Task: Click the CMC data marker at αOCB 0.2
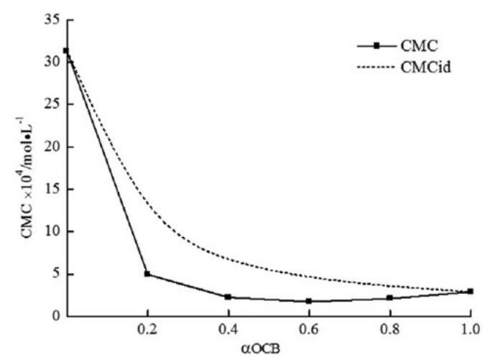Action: [147, 274]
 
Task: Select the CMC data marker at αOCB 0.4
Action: [228, 297]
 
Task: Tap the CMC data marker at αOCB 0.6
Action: [308, 301]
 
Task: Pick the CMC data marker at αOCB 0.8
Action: [389, 297]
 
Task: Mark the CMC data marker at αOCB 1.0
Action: [470, 291]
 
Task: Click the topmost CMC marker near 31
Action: [66, 51]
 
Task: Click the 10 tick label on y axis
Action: [50, 231]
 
